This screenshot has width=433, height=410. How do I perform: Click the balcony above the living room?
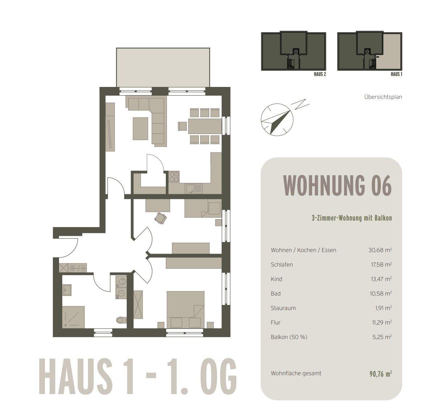(163, 67)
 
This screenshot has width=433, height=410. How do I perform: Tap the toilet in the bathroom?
(121, 320)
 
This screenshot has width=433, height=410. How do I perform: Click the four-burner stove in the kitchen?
(174, 176)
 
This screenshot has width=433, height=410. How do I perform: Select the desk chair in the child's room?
(160, 218)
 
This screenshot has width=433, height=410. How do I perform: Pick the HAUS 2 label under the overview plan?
(320, 74)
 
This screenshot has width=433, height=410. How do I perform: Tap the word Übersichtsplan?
(383, 97)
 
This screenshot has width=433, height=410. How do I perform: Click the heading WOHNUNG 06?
(337, 185)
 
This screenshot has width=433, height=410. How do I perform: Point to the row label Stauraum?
(283, 308)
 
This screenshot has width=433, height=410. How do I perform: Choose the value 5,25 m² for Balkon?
(383, 337)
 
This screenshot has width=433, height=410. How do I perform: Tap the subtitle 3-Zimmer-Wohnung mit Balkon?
(352, 218)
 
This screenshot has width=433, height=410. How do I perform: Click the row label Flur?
(276, 322)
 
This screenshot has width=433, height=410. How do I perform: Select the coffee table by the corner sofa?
(140, 128)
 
